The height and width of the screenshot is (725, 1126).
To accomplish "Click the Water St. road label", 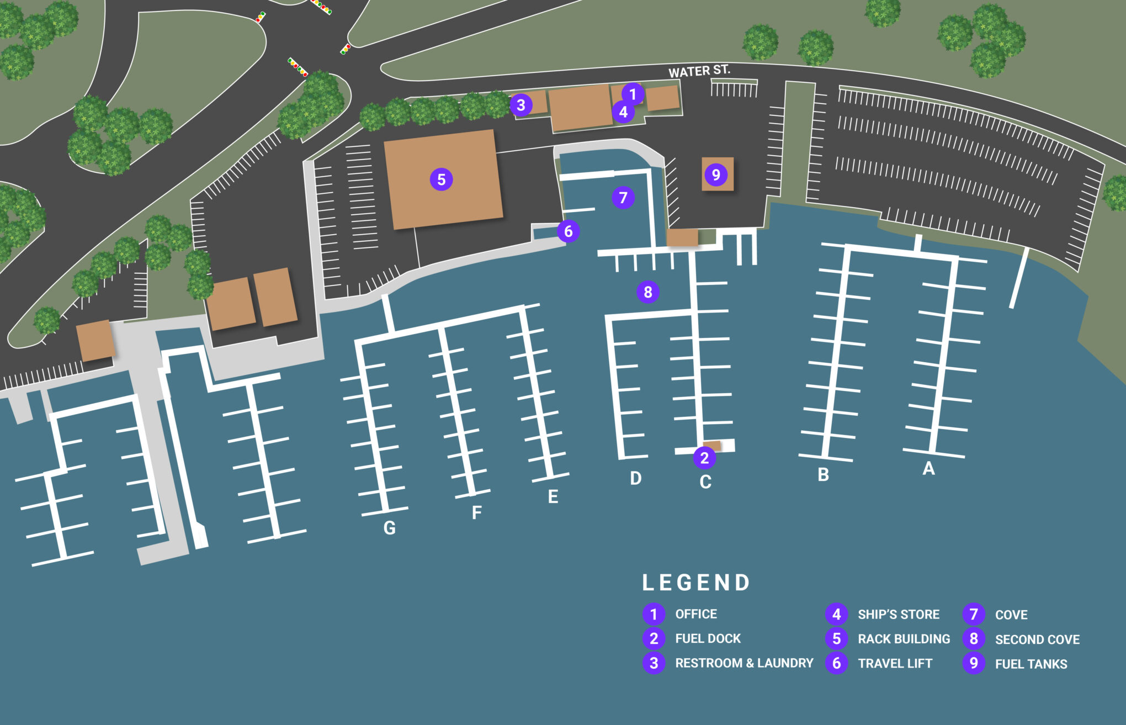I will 699,71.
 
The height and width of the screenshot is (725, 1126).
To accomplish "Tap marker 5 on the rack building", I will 441,179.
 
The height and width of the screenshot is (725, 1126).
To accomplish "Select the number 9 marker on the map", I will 716,174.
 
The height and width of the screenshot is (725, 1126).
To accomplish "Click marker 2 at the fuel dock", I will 704,458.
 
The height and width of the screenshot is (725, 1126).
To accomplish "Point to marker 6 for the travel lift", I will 568,231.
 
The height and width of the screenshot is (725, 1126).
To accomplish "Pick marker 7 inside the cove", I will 623,197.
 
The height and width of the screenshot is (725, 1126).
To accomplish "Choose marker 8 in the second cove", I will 648,292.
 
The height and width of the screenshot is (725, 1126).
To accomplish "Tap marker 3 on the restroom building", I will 520,104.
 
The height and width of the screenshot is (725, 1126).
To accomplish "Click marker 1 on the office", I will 633,94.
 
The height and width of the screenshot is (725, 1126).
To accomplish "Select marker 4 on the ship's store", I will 623,112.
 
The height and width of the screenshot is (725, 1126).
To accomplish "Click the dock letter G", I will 389,528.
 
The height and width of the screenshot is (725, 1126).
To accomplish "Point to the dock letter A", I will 928,469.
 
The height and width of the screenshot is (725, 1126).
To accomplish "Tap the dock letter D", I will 635,478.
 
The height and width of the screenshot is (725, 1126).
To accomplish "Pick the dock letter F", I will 477,513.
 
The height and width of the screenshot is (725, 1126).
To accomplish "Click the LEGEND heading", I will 696,583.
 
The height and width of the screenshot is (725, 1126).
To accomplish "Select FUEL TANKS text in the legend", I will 1031,664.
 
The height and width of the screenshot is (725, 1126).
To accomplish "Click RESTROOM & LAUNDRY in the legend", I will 744,663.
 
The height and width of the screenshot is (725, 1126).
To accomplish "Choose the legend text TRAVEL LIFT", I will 895,664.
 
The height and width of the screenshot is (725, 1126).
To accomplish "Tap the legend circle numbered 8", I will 974,639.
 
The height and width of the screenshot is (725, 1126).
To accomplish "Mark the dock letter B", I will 823,475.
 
